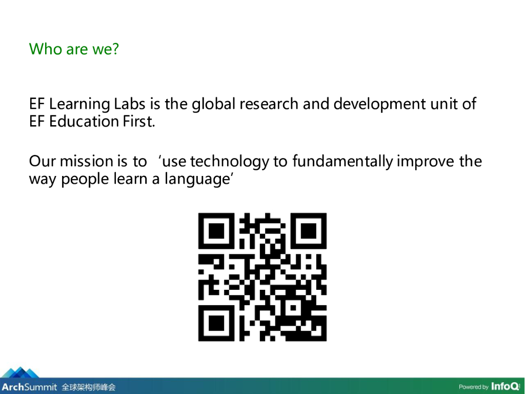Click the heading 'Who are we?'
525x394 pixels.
[x=74, y=49]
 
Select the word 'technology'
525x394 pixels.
[x=229, y=162]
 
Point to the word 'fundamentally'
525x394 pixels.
[x=342, y=162]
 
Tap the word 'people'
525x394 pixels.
[x=85, y=180]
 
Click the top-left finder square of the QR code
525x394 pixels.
[x=216, y=231]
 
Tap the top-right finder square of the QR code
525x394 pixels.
[x=308, y=231]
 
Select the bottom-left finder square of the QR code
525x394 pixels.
[x=216, y=323]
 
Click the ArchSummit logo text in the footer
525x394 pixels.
[x=29, y=387]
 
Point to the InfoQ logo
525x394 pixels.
[x=505, y=386]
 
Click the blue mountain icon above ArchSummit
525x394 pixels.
[x=21, y=372]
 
